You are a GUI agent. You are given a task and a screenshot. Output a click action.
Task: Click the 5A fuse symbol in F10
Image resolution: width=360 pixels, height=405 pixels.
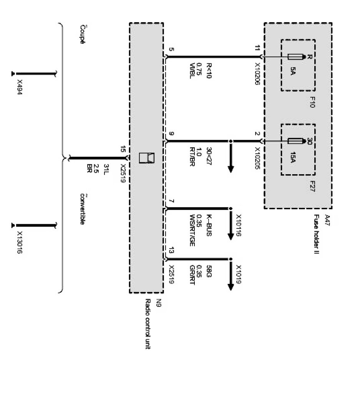[296, 57]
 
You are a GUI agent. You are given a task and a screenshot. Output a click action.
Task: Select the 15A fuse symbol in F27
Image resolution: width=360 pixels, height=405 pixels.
[296, 141]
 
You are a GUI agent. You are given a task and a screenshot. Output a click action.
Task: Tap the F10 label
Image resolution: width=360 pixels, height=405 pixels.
[312, 102]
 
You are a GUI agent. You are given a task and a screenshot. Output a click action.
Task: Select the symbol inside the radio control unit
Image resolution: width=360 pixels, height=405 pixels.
[146, 158]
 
